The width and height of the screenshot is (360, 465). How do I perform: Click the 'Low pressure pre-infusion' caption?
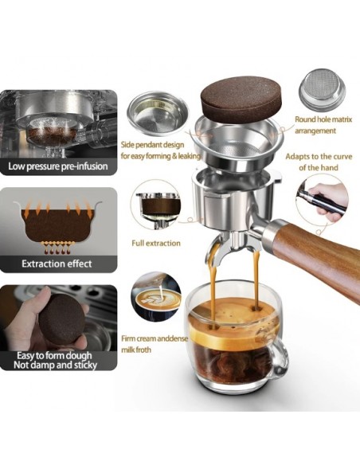click(58, 166)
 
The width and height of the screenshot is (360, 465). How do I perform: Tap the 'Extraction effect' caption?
click(57, 264)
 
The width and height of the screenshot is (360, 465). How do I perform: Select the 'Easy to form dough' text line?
click(54, 355)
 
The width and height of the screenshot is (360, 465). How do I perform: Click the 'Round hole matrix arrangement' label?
click(323, 125)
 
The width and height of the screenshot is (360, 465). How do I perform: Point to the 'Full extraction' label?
click(156, 243)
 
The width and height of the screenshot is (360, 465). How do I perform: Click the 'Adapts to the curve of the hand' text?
click(319, 162)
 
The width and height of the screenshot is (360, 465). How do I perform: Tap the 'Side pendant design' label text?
click(152, 145)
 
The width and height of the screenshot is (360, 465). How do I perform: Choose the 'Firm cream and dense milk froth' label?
click(155, 344)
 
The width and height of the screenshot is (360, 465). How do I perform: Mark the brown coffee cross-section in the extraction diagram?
click(57, 225)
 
